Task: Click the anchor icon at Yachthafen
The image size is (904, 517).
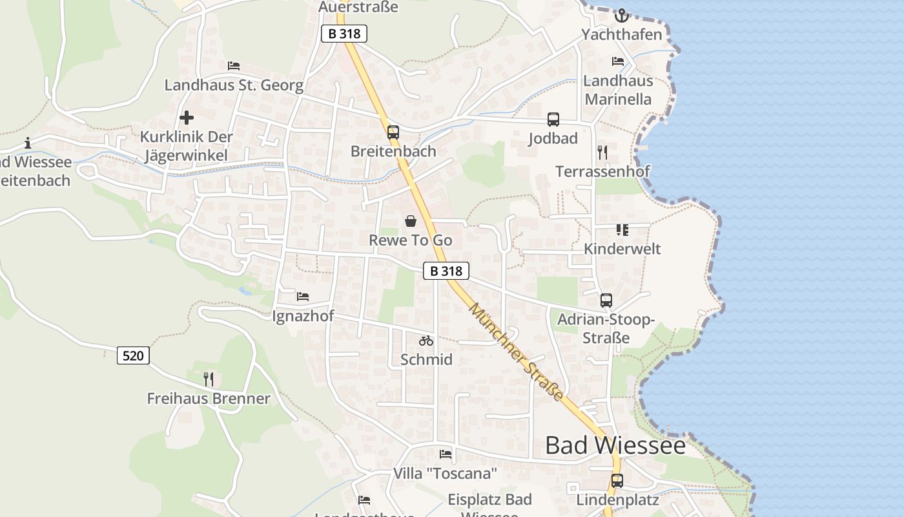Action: tap(622, 15)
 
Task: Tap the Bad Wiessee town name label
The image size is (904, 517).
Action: tap(615, 445)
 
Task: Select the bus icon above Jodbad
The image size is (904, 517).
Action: tap(553, 120)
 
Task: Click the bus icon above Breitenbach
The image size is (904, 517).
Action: tap(393, 132)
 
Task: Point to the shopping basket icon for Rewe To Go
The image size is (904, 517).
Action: tap(411, 221)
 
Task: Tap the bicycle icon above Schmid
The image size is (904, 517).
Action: tap(426, 341)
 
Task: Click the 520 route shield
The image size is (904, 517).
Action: tap(133, 355)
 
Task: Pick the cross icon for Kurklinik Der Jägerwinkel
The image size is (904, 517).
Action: tap(187, 118)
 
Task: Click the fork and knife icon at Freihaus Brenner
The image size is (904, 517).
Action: tap(208, 379)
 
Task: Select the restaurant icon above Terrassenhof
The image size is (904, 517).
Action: tap(602, 153)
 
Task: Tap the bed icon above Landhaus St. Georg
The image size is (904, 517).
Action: tap(234, 66)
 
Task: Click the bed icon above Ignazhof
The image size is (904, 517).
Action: tap(303, 297)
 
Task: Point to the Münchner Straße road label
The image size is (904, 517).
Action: tap(516, 351)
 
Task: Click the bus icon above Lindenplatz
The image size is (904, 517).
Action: tap(617, 481)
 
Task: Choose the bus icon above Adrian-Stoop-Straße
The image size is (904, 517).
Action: tap(606, 301)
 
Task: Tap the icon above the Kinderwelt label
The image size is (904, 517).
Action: tap(622, 230)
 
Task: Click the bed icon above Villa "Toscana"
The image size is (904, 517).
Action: tap(446, 454)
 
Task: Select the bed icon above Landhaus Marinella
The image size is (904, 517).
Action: tap(618, 61)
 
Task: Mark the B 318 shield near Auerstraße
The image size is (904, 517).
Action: tap(344, 34)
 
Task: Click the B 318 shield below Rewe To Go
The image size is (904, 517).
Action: tap(446, 271)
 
